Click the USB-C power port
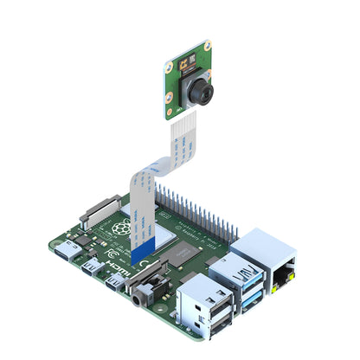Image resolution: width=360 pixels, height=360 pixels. click(68, 252)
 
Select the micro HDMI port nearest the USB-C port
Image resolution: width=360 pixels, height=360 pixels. click(90, 264)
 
